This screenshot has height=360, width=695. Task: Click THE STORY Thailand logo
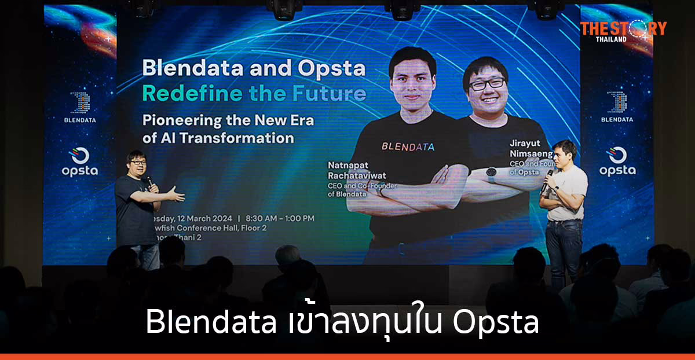[623, 30]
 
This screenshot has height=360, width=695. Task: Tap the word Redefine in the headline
[184, 93]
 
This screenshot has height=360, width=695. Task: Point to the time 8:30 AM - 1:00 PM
[280, 218]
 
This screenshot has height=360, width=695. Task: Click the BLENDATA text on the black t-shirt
[408, 146]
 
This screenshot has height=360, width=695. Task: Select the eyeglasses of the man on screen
[487, 84]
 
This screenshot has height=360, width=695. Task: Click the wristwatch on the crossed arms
[491, 173]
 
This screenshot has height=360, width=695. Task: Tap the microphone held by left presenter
[149, 182]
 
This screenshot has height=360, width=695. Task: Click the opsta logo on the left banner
[79, 161]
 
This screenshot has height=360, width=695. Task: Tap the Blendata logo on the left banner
[80, 107]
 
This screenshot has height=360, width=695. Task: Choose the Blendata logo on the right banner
[616, 106]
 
